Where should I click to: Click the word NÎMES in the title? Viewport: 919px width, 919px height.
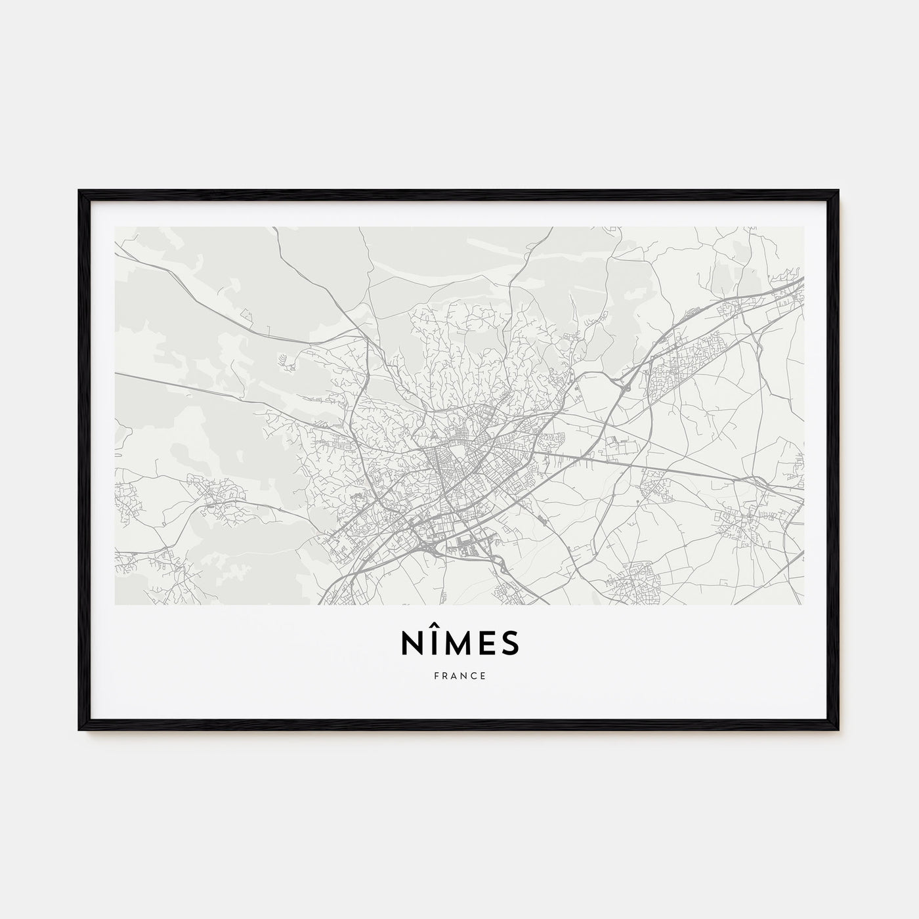[460, 644]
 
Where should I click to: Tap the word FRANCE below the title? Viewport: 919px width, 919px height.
[460, 675]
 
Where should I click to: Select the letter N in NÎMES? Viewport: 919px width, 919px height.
[411, 645]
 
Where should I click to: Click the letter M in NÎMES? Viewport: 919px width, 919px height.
[460, 645]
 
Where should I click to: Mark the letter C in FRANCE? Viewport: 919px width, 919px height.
[474, 675]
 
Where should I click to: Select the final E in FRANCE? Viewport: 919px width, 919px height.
[484, 675]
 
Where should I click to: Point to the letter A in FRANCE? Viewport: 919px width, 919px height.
[454, 675]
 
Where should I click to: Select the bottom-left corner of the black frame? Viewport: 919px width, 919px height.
[79, 729]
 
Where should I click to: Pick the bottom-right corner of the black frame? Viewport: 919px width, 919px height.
[839, 729]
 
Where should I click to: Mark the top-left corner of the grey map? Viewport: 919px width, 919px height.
[115, 227]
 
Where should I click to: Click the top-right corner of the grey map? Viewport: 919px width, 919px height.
[803, 227]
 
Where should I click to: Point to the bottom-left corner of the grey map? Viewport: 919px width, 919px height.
[115, 604]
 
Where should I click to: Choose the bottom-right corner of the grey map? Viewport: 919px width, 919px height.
[803, 604]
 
